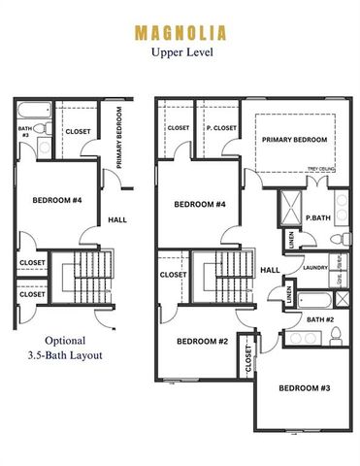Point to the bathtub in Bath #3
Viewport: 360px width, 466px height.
(31, 109)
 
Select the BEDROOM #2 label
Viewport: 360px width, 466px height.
(201, 341)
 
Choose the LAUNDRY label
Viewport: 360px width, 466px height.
(314, 267)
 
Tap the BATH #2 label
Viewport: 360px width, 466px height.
(318, 318)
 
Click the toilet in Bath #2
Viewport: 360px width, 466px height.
(335, 336)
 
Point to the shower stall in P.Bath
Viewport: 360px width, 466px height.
(289, 206)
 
